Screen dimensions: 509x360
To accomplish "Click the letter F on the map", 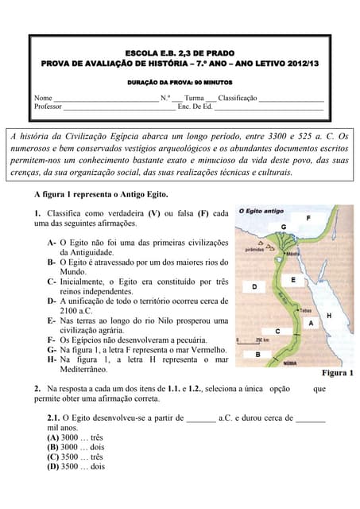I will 308,217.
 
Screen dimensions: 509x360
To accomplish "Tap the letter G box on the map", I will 283,227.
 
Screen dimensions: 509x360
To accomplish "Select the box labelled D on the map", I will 254,286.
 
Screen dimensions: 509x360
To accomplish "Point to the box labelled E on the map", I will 293,280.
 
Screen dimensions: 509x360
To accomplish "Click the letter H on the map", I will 329,316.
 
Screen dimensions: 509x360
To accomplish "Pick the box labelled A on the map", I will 311,322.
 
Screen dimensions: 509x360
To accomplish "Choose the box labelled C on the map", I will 277,331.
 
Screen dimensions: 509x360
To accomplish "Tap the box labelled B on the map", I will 257,354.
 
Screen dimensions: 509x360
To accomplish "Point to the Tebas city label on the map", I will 305,310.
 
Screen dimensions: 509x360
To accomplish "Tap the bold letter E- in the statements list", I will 52,321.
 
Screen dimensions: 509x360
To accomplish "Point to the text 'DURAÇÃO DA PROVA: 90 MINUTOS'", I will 179,82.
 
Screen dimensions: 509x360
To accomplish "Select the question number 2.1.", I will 54,417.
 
